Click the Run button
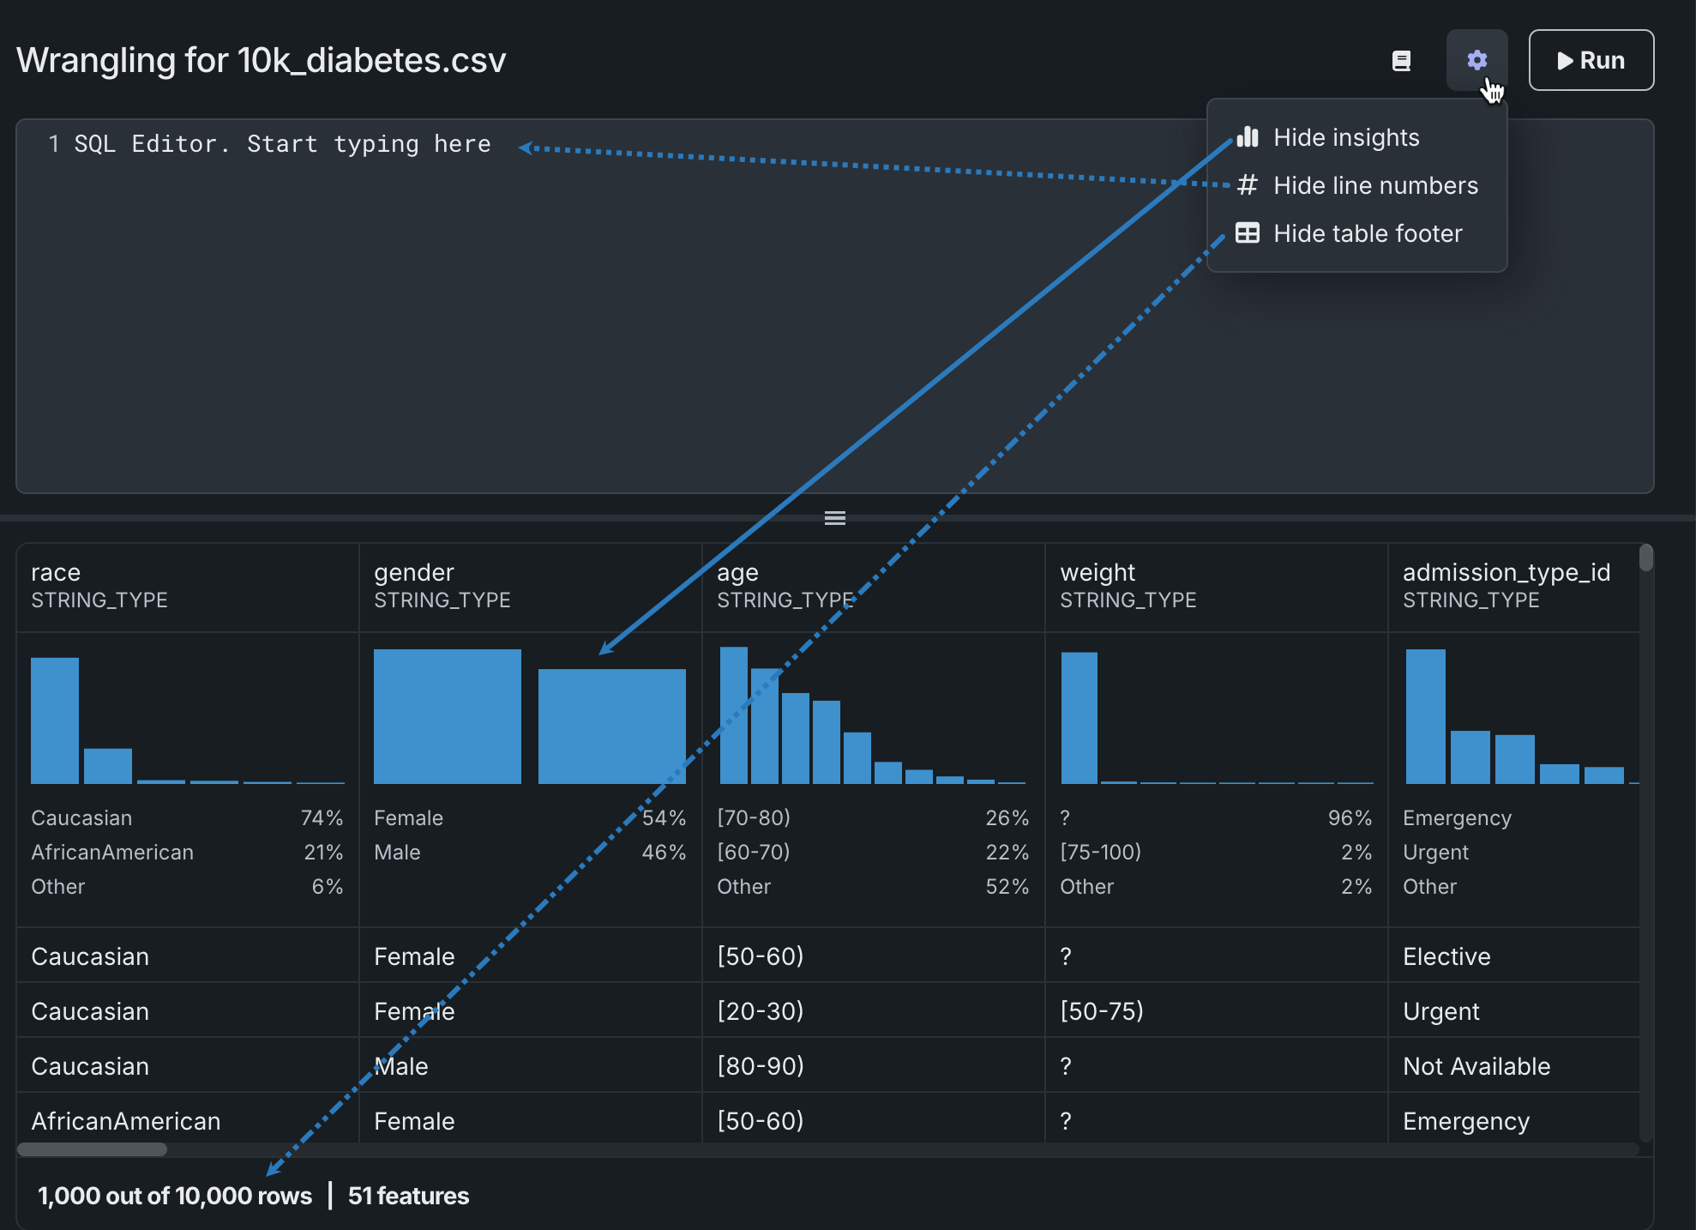pos(1591,60)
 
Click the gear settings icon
pos(1476,60)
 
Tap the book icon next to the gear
pos(1401,61)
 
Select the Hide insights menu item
pos(1346,137)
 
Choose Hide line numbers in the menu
pos(1375,185)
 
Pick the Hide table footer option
pos(1368,233)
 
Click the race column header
pos(56,572)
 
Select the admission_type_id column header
pos(1507,572)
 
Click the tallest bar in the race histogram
pos(55,721)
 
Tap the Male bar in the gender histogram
pos(611,726)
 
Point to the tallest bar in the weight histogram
pos(1079,718)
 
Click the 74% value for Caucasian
pos(322,818)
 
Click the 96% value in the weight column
pos(1350,818)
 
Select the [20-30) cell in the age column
pos(761,1011)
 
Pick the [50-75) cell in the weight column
pos(1102,1011)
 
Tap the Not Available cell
pos(1476,1066)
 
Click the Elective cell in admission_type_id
pos(1446,956)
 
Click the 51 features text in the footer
pos(408,1196)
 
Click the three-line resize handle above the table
pos(835,518)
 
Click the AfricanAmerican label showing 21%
pos(112,853)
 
